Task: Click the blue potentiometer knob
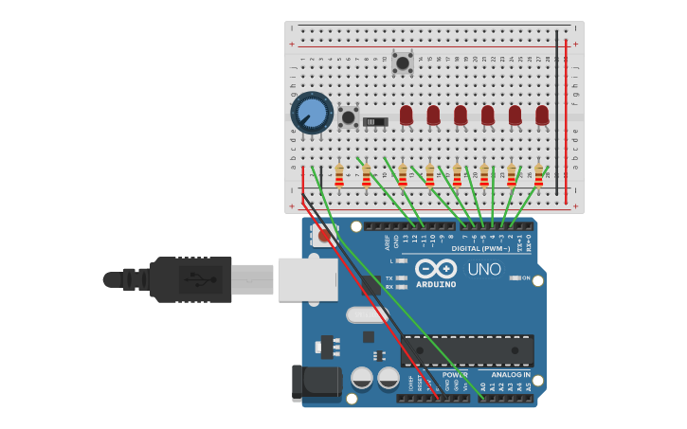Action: coord(312,114)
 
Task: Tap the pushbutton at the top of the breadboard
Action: coord(402,63)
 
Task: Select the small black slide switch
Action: coord(376,121)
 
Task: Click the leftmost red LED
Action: coord(407,115)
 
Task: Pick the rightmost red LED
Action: coord(542,115)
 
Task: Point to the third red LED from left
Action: coord(461,115)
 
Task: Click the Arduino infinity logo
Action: coord(436,269)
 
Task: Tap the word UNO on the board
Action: coord(483,270)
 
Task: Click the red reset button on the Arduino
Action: coord(325,236)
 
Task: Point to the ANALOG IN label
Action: coord(511,375)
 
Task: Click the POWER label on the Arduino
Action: coord(454,375)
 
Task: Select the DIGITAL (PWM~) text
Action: coord(479,248)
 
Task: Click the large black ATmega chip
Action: coord(467,350)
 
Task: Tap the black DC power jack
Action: coord(316,383)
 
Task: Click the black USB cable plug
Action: coord(190,279)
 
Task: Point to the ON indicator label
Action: coord(526,277)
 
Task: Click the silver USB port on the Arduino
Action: coord(307,279)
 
